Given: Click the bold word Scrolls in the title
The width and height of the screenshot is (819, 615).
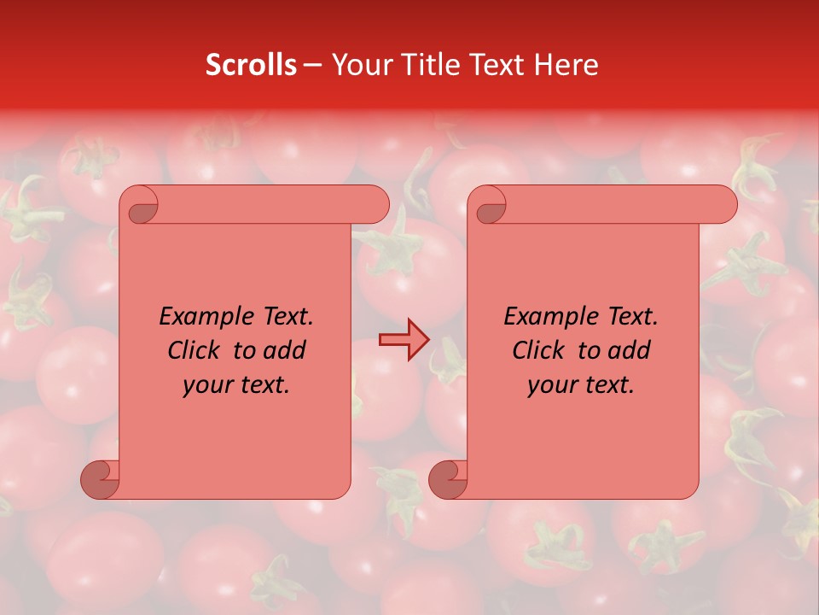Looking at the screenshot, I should tap(251, 65).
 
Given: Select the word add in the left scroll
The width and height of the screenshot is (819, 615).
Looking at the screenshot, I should tap(284, 350).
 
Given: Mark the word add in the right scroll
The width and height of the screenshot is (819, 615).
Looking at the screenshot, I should tap(629, 350).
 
